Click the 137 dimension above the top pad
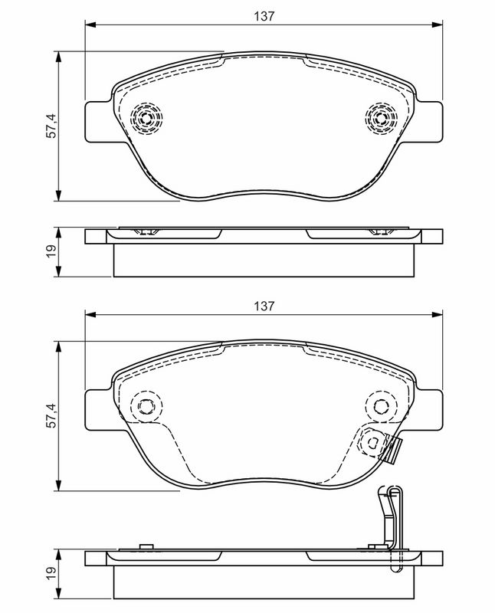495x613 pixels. tap(264, 16)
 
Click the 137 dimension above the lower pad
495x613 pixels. tap(264, 306)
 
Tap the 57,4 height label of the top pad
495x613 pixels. tap(51, 126)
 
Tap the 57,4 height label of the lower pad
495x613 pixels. tap(51, 415)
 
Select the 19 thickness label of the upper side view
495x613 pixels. tap(51, 251)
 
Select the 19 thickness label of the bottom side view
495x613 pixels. tap(51, 573)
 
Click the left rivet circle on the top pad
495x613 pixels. tap(146, 118)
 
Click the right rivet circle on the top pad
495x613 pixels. tap(382, 118)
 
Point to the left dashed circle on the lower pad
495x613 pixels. tap(146, 407)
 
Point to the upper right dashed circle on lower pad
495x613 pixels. tap(382, 407)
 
